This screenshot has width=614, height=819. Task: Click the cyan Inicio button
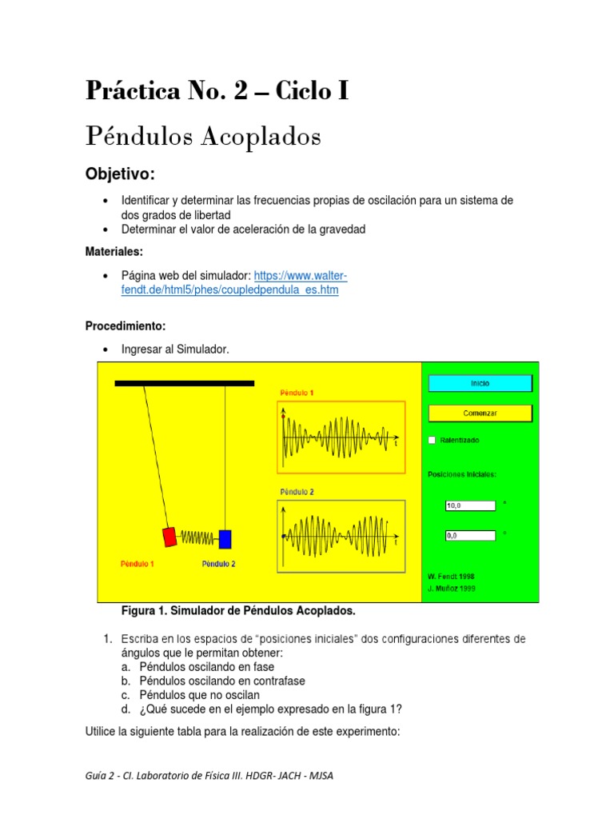click(x=480, y=384)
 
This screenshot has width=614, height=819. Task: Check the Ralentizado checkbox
click(x=433, y=440)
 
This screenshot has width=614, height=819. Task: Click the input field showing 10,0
click(x=470, y=505)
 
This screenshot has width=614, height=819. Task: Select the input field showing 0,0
click(x=470, y=536)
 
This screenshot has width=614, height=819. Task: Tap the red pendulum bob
click(x=169, y=537)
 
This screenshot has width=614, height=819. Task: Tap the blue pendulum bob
click(x=225, y=538)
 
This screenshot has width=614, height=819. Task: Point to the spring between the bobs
click(x=197, y=537)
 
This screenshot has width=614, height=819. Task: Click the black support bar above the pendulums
click(x=185, y=384)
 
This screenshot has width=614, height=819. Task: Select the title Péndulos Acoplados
click(x=203, y=137)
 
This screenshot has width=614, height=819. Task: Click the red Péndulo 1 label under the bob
click(x=138, y=564)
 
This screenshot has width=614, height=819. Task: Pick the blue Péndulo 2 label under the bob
click(x=217, y=564)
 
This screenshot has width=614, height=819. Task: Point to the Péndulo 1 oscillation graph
click(x=342, y=436)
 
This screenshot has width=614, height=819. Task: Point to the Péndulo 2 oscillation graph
click(x=342, y=535)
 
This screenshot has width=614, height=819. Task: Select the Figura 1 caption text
click(x=237, y=611)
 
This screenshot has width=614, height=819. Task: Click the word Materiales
click(x=114, y=252)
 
